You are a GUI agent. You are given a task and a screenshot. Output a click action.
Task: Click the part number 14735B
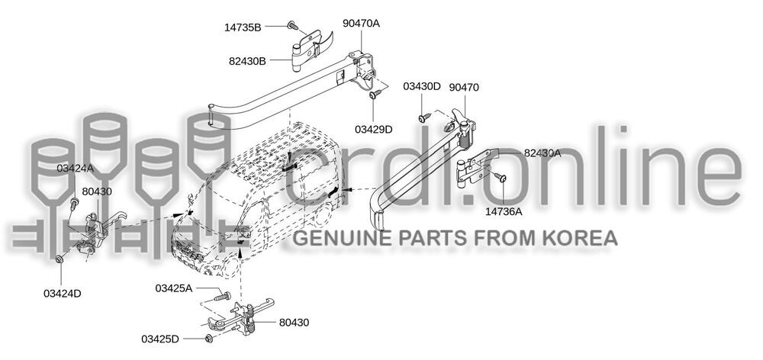(243, 27)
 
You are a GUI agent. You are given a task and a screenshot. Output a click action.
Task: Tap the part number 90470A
(361, 24)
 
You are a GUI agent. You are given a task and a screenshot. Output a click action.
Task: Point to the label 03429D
(374, 129)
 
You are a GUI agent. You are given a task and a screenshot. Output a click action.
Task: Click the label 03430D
(422, 86)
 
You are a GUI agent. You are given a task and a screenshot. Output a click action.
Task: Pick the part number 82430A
(542, 153)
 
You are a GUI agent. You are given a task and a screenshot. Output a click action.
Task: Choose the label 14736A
(504, 211)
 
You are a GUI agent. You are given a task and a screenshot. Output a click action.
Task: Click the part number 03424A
(75, 167)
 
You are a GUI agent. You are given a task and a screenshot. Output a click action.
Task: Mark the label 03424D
(62, 293)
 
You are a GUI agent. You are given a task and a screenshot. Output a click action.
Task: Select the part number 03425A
(174, 288)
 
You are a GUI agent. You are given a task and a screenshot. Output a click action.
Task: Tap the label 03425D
(160, 338)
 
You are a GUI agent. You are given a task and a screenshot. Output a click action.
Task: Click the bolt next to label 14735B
(292, 26)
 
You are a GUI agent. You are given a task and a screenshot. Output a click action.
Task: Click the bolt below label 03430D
(423, 117)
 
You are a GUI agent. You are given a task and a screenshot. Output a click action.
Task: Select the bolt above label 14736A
(502, 178)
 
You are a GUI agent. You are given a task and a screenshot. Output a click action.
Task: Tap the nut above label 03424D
(60, 260)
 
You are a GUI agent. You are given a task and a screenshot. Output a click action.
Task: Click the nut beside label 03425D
(208, 338)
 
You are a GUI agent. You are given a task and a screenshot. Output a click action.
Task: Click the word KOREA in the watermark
(579, 238)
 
